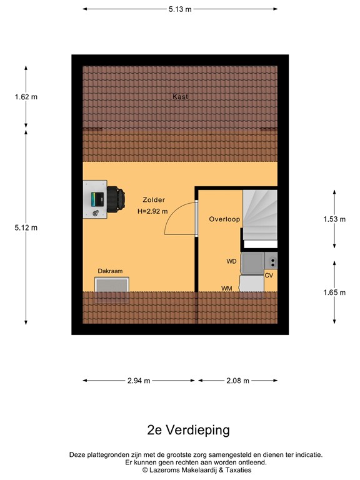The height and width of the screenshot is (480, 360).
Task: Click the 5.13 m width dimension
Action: pos(179,9)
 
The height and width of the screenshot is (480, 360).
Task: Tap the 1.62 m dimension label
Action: pos(26,97)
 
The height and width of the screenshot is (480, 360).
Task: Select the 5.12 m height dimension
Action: pos(26,227)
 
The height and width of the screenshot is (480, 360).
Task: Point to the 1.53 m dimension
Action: pos(334,219)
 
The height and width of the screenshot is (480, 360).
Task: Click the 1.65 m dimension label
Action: pos(334,292)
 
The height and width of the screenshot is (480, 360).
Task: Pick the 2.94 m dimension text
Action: pos(138,381)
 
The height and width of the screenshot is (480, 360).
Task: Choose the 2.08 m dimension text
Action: pos(237,381)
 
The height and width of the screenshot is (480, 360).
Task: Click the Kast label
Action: pos(180,97)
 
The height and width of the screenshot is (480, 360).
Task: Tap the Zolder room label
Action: pos(154,200)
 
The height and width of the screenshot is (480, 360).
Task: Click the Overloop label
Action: pos(225,219)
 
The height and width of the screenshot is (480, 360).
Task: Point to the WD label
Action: pos(231,261)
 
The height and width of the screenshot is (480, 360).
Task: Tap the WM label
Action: pos(227,288)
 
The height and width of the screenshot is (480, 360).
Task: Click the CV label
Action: pos(269,275)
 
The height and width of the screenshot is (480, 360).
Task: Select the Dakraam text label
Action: pos(110,271)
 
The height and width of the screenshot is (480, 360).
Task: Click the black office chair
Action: pos(113,199)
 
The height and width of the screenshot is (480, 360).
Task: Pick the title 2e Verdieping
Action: pos(179,430)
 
